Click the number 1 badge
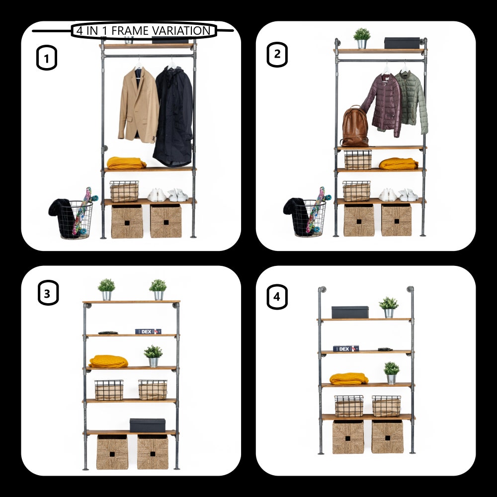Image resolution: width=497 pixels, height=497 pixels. tap(47, 58)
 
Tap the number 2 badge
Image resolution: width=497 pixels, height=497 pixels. tap(277, 55)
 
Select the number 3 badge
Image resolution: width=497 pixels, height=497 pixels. tap(48, 293)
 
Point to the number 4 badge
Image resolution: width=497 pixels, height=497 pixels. tap(277, 297)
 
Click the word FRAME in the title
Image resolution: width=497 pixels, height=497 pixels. tap(130, 31)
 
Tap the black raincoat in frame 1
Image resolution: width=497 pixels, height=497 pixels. tap(173, 116)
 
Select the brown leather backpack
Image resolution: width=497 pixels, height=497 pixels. tap(355, 126)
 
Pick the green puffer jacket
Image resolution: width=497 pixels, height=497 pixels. tap(412, 101)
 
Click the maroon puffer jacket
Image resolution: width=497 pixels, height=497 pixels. tap(383, 104)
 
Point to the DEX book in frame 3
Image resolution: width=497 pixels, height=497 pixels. tap(148, 331)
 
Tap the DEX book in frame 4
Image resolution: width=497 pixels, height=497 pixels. tap(346, 349)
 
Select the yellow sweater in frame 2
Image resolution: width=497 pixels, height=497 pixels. tap(399, 164)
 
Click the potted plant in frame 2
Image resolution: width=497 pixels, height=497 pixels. tap(362, 38)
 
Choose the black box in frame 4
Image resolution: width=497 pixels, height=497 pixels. tap(350, 312)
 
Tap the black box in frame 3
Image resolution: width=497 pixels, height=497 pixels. tap(148, 425)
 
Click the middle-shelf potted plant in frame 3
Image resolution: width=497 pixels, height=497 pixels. tap(154, 356)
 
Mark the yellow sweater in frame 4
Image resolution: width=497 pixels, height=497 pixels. tap(349, 379)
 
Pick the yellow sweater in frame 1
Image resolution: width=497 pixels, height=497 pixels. tap(126, 163)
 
